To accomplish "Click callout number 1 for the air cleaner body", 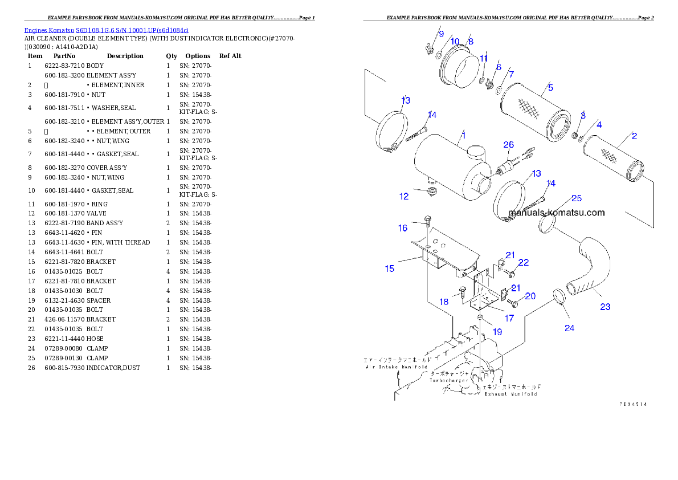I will pos(464,136).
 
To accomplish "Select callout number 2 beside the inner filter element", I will pos(634,136).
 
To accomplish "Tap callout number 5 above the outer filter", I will pos(550,87).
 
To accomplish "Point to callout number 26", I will pos(508,145).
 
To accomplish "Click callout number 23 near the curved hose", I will pos(605,307).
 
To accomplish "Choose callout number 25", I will pos(577,198).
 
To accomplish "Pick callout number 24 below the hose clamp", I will pos(569,328).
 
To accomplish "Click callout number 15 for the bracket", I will pos(390,268).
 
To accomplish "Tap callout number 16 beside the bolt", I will pos(403,228).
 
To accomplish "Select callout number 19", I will pos(497,331).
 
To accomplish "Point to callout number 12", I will pos(404,197).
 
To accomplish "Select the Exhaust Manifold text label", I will pos(510,393).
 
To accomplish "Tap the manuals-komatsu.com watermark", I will pos(557,213).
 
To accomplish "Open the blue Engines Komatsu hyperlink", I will pos(106,30).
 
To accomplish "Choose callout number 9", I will pos(441,34).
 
